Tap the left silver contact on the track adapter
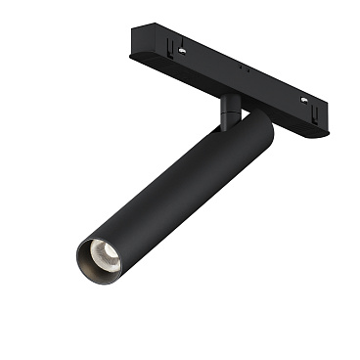(x=183, y=44)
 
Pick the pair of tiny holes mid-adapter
(x=244, y=71)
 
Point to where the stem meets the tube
(x=229, y=122)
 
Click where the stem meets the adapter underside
(x=227, y=96)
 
